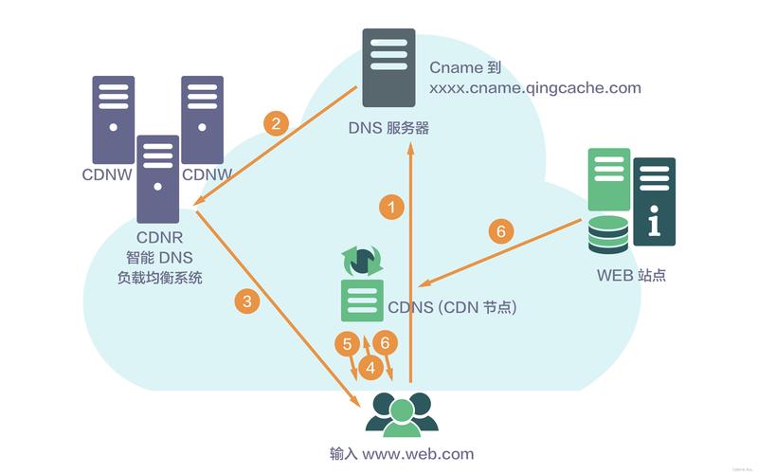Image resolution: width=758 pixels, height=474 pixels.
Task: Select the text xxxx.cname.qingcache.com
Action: [x=535, y=88]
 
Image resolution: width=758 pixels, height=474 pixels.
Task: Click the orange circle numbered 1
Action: [x=391, y=205]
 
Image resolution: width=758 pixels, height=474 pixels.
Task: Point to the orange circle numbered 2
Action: [x=276, y=123]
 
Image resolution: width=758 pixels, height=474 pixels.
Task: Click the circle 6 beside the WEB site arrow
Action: [x=501, y=230]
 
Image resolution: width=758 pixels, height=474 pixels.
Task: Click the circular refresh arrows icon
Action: [x=361, y=260]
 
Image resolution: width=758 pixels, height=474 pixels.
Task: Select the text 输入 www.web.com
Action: [x=397, y=453]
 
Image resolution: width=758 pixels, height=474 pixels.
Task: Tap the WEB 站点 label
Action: [x=631, y=276]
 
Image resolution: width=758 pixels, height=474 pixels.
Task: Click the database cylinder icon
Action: [x=607, y=235]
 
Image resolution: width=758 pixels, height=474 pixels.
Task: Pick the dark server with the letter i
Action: [x=655, y=201]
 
